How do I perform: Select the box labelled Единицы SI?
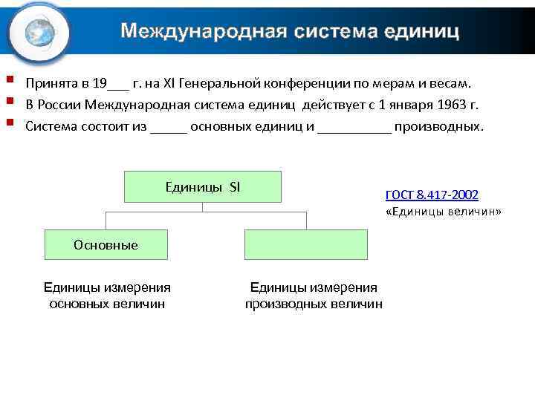click(x=202, y=186)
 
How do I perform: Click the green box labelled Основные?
click(x=106, y=244)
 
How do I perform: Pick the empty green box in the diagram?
click(x=305, y=244)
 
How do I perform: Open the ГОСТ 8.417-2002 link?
click(x=432, y=195)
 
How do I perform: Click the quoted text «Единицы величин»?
click(x=444, y=212)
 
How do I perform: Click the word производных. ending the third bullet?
click(x=438, y=125)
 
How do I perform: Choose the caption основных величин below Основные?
click(x=107, y=303)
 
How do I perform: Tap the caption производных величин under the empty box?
click(x=314, y=303)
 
